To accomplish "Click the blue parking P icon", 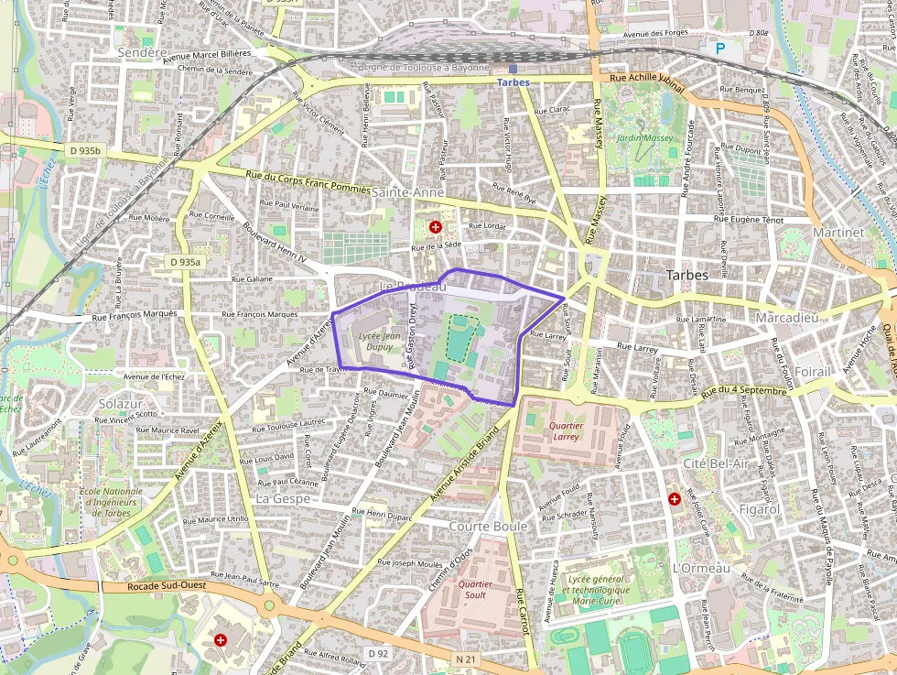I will tap(720, 48).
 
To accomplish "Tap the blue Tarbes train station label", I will tap(513, 82).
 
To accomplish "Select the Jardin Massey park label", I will tap(644, 138).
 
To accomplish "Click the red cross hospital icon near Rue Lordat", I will tap(435, 225).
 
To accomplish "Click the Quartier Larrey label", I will tap(567, 430).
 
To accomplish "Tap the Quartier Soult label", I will tap(475, 589).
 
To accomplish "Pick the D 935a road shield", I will tap(185, 262).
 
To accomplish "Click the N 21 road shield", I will tap(466, 659).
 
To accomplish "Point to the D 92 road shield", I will tap(378, 653).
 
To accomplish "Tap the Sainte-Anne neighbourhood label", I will tap(407, 192).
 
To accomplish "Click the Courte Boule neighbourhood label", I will tap(488, 527).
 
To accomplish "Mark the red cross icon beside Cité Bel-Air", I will tap(675, 499).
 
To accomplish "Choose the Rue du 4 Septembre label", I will tap(744, 391).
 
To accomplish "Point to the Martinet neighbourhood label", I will tap(838, 233).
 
